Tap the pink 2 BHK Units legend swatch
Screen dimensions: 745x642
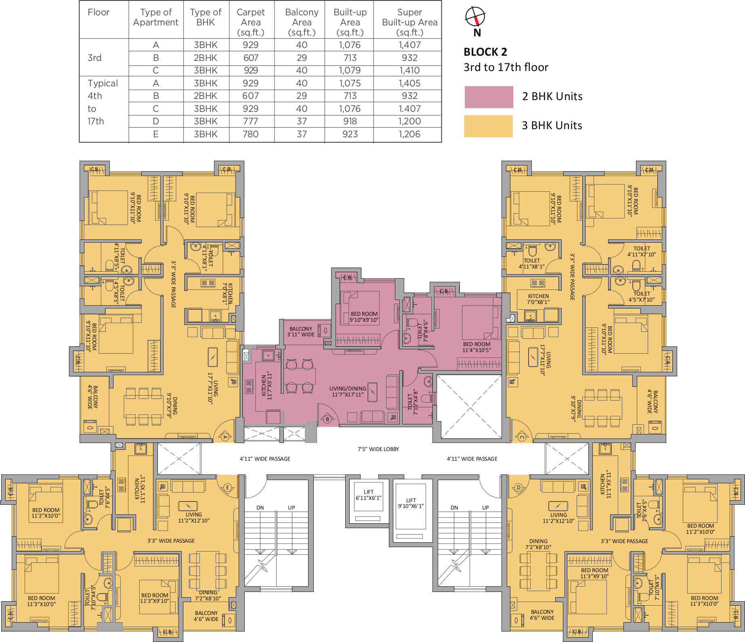point(489,97)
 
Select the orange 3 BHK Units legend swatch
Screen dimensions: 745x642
point(488,126)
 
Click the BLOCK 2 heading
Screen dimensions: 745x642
point(485,52)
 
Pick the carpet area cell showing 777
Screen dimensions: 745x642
point(251,121)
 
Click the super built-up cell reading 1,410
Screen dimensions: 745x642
point(409,70)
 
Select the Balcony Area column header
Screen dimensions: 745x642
point(302,23)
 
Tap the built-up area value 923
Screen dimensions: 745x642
point(350,134)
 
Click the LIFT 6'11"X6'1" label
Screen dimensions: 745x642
point(369,495)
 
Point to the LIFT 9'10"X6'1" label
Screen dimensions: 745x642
point(411,503)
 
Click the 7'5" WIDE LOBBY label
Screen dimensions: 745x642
point(378,449)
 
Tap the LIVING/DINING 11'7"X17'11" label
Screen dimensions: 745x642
point(348,392)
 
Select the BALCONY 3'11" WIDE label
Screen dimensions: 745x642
point(301,331)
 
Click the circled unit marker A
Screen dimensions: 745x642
point(225,436)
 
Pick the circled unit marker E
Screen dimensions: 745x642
point(227,487)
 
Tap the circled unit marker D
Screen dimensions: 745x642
point(518,487)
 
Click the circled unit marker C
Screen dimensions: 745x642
point(521,437)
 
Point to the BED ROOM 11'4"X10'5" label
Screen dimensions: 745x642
point(477,347)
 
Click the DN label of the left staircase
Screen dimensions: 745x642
point(260,508)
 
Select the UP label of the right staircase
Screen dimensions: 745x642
point(485,508)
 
